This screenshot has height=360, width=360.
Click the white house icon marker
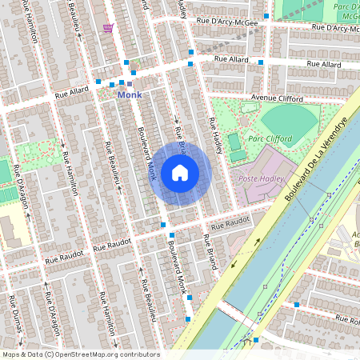click(x=180, y=172)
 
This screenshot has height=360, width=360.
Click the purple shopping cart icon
click(x=108, y=28)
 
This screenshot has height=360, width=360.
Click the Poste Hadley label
click(x=258, y=178)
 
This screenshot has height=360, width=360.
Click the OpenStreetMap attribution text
click(x=80, y=354)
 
